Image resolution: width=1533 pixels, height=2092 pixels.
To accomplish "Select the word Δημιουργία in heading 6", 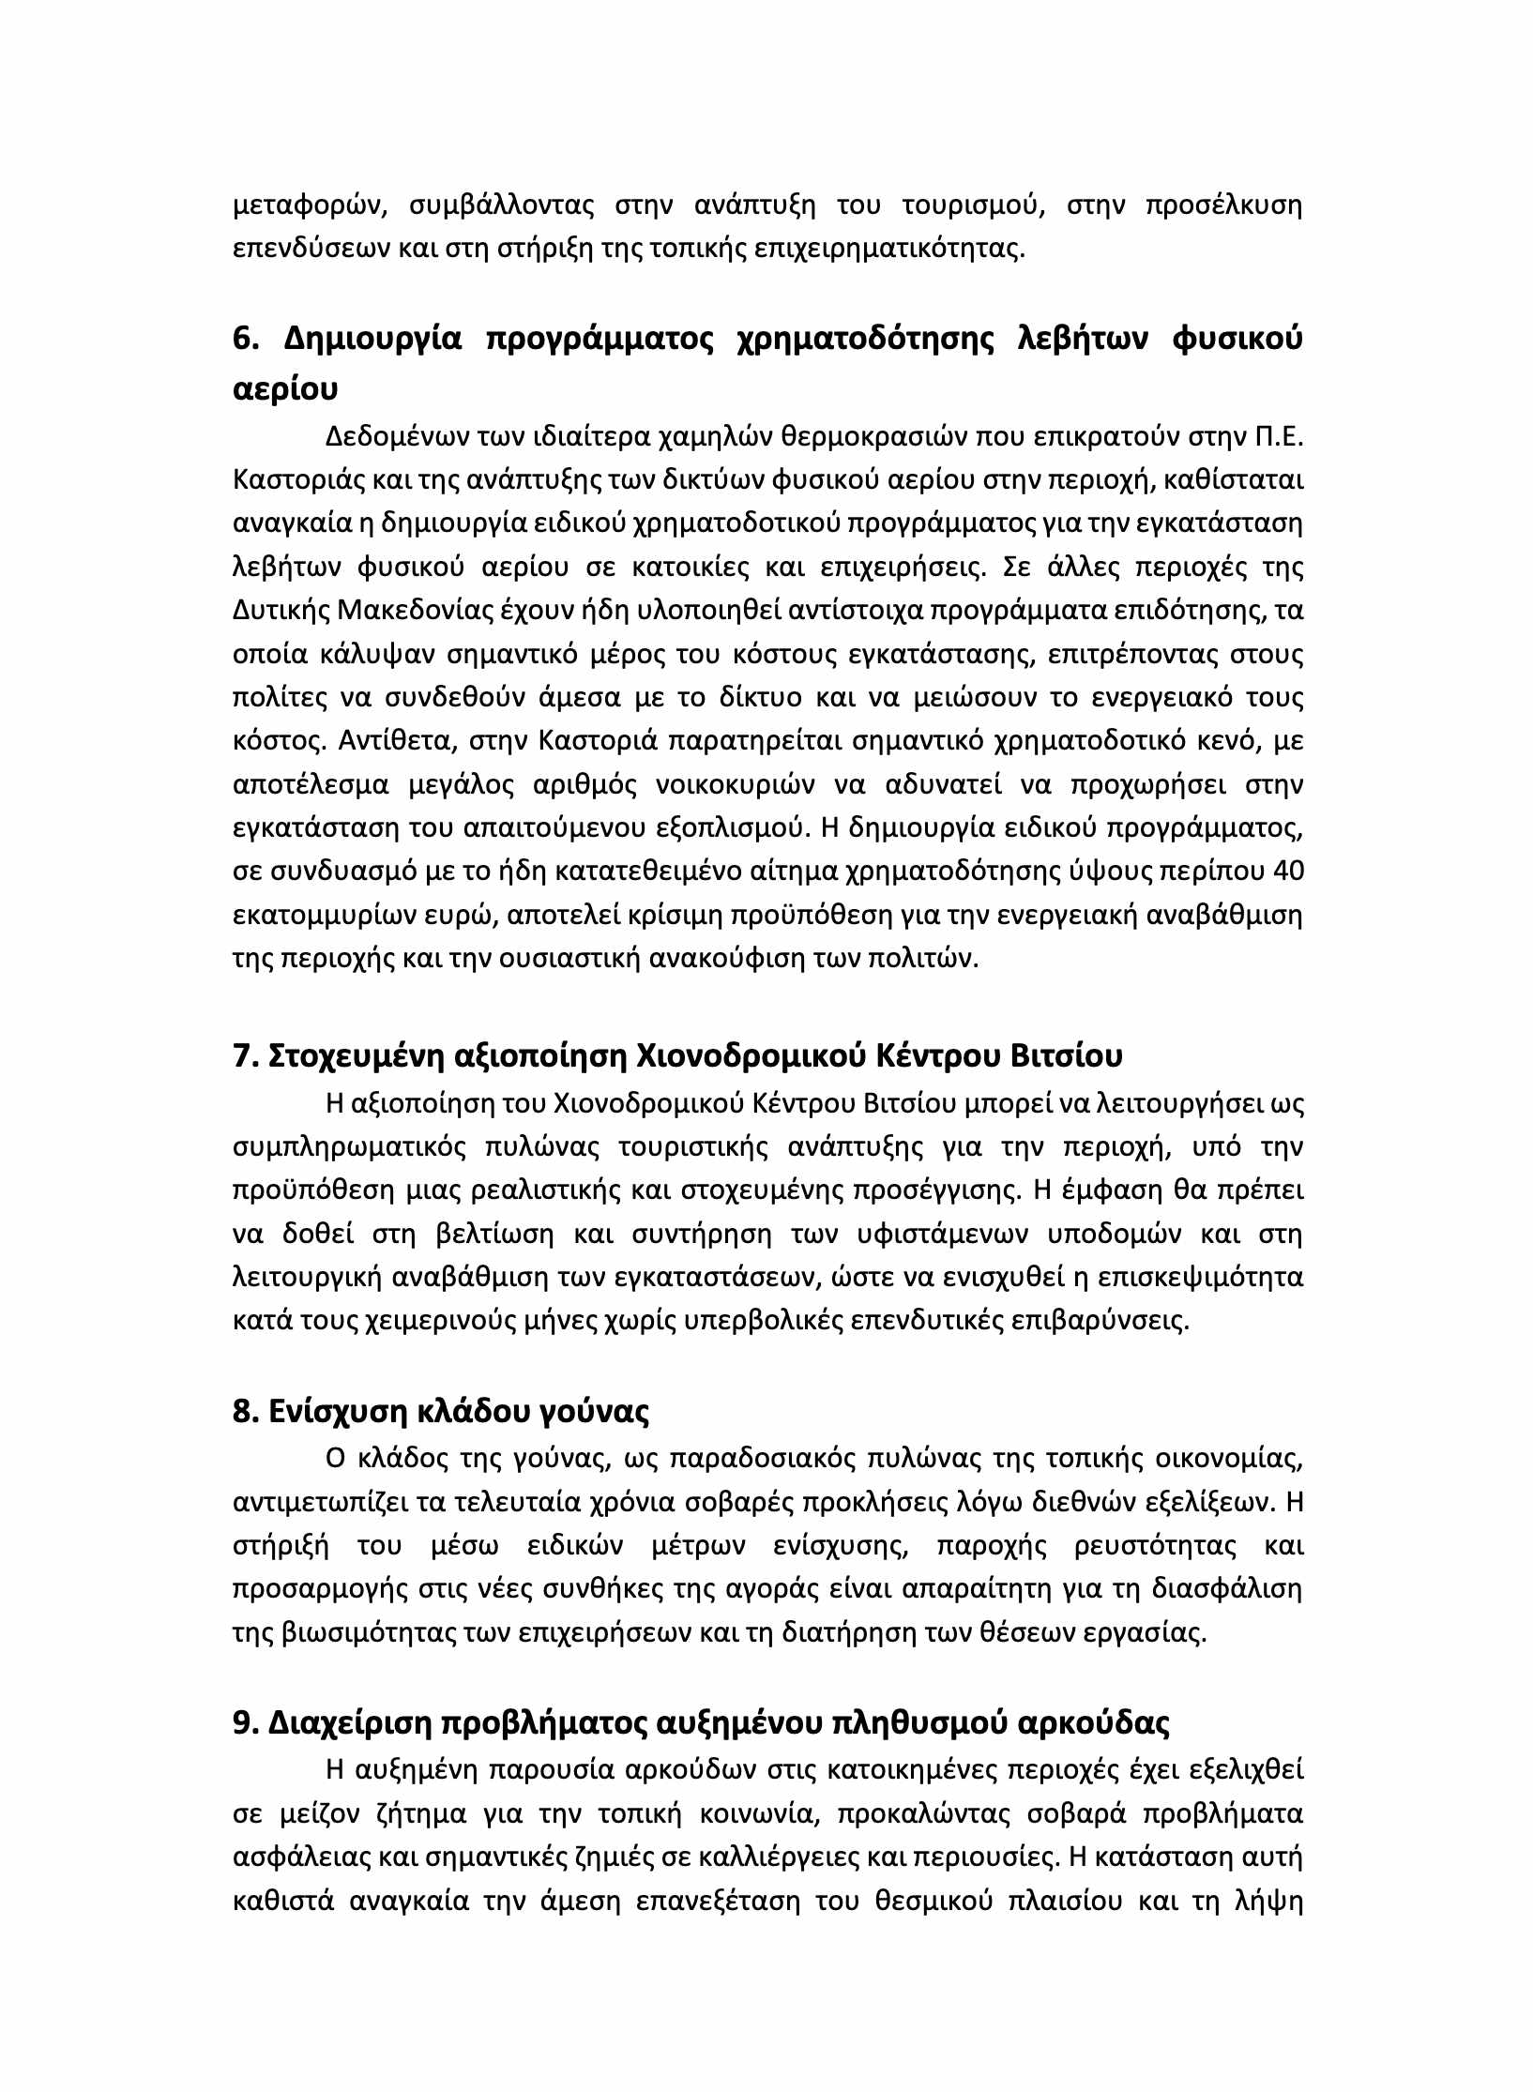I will [372, 340].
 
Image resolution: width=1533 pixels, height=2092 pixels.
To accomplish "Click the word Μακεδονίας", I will [413, 611].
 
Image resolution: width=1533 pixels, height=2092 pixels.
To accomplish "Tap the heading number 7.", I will [243, 1056].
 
